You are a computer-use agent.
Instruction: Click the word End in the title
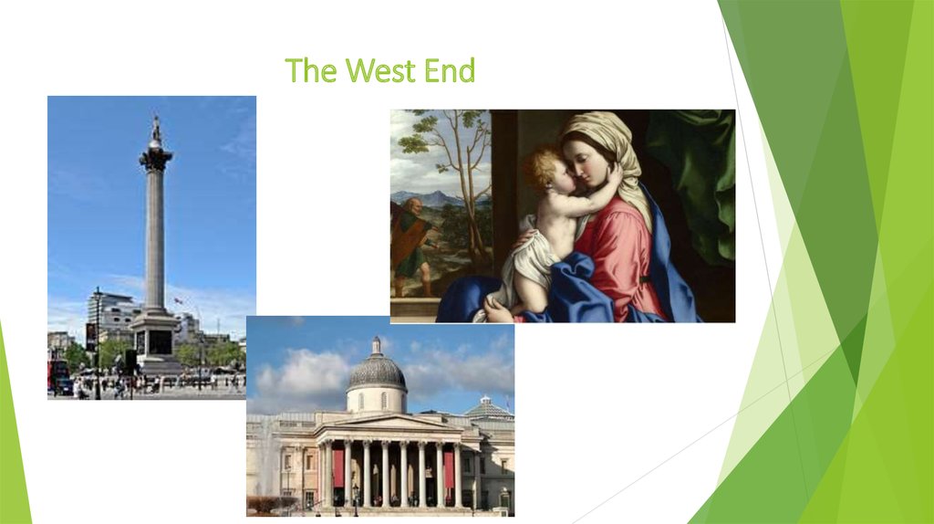[x=449, y=70]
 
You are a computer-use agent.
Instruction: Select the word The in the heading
[x=311, y=70]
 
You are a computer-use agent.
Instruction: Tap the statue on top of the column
[x=156, y=131]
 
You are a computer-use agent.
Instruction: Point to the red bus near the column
[x=57, y=373]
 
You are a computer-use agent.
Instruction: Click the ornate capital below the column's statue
[x=156, y=161]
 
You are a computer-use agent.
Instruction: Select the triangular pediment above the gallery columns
[x=387, y=423]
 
